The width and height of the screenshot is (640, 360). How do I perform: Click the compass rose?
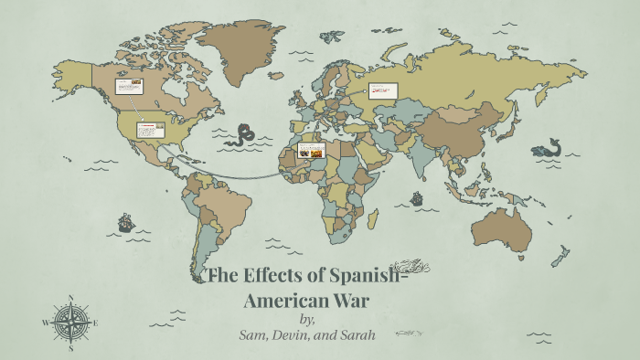pos(71,322)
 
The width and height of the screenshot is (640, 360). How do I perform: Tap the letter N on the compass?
pos(71,297)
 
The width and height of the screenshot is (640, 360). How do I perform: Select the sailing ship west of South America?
pos(126,222)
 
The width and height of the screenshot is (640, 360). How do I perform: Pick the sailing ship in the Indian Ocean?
pos(417,197)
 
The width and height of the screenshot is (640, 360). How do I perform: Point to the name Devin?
pos(295,335)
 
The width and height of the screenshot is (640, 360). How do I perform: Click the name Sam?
pos(252,335)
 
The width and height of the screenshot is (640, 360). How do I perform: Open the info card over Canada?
pos(128,87)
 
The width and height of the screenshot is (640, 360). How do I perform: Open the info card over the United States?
pos(150,130)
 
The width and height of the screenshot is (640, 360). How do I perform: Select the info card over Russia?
pos(383,90)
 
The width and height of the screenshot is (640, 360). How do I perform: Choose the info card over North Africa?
pos(311,152)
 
